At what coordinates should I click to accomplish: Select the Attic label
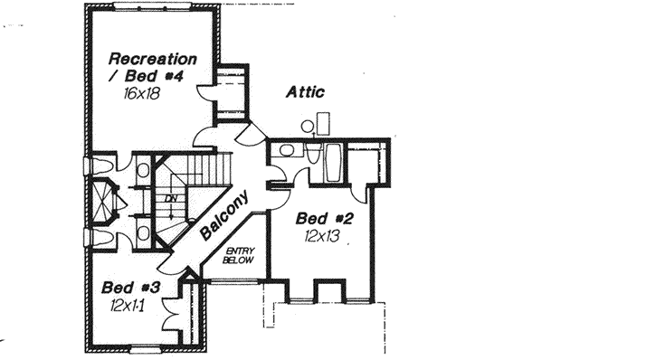pos(305,91)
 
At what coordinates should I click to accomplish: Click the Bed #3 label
pos(131,288)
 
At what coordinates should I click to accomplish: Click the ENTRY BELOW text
pos(240,254)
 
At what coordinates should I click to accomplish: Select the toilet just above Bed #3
pos(101,238)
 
